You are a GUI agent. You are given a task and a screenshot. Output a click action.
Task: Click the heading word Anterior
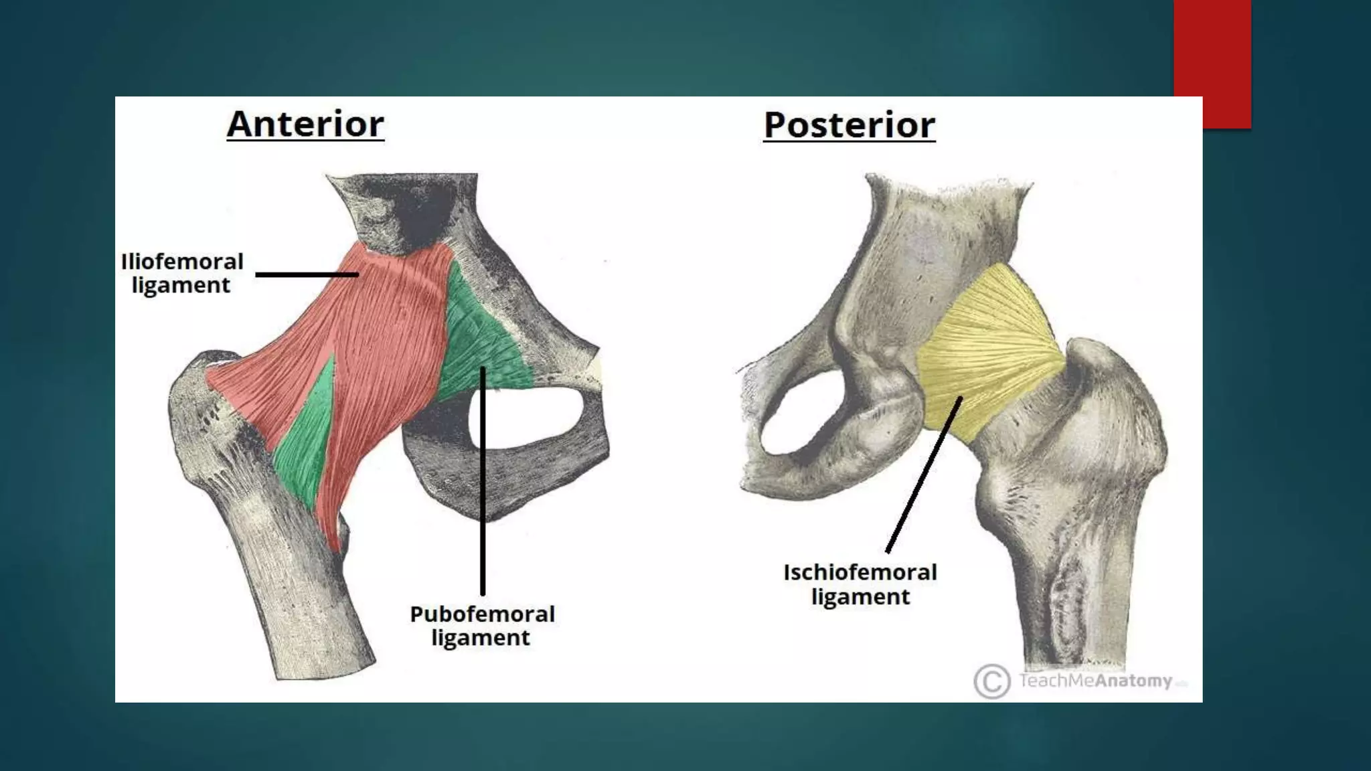point(305,124)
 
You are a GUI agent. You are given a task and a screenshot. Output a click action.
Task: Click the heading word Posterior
point(849,126)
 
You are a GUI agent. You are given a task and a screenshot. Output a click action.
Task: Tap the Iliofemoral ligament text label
point(181,273)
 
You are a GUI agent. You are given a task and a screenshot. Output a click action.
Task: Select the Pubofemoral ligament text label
point(482,625)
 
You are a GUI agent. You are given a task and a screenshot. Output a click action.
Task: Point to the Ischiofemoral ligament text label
point(860,584)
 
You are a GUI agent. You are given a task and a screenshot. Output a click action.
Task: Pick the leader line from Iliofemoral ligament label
point(307,274)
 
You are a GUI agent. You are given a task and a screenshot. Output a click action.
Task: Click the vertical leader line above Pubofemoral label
point(483,482)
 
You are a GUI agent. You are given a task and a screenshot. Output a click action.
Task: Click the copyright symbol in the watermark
point(991,681)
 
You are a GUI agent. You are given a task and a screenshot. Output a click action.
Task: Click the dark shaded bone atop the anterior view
point(408,207)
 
